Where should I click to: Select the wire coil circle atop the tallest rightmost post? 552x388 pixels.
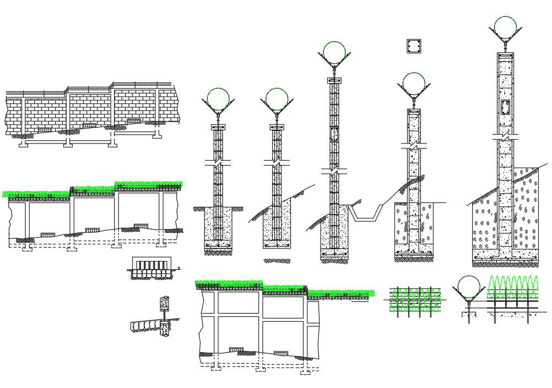pyautogui.click(x=505, y=28)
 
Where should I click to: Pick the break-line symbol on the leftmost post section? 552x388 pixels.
pyautogui.click(x=218, y=163)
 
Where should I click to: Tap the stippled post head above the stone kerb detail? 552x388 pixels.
pyautogui.click(x=164, y=303)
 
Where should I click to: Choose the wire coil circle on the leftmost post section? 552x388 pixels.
pyautogui.click(x=218, y=100)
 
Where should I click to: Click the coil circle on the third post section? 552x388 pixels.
pyautogui.click(x=334, y=53)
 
